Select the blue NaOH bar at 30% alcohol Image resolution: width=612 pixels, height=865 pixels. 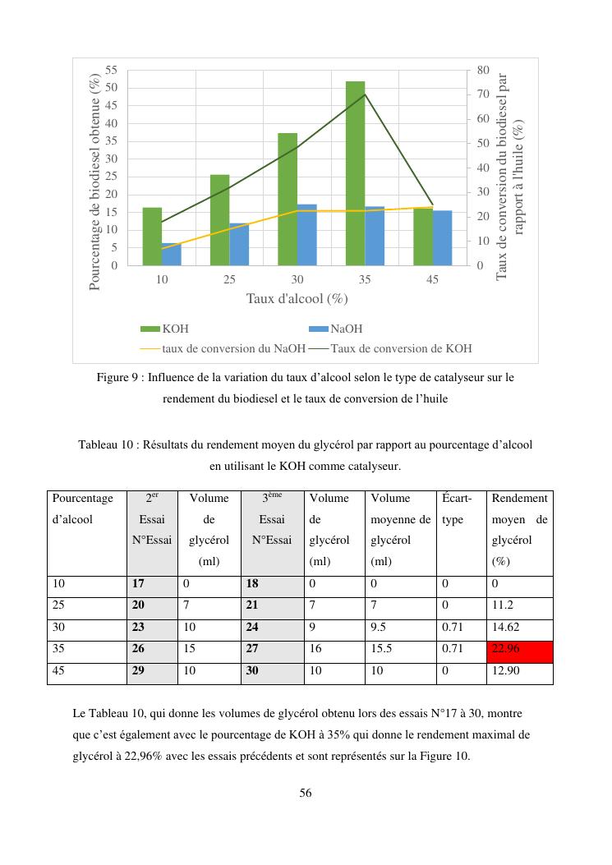click(x=306, y=235)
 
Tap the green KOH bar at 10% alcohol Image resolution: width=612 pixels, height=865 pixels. click(x=152, y=237)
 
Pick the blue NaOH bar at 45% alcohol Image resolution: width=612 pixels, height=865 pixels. click(x=443, y=238)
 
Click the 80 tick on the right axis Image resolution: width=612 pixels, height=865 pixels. click(x=483, y=70)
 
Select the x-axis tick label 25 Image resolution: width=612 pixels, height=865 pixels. click(x=229, y=280)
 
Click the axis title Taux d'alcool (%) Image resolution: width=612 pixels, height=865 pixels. click(x=297, y=298)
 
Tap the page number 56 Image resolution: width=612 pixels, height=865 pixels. click(x=306, y=794)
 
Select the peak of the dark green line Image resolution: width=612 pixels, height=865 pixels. click(x=365, y=94)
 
